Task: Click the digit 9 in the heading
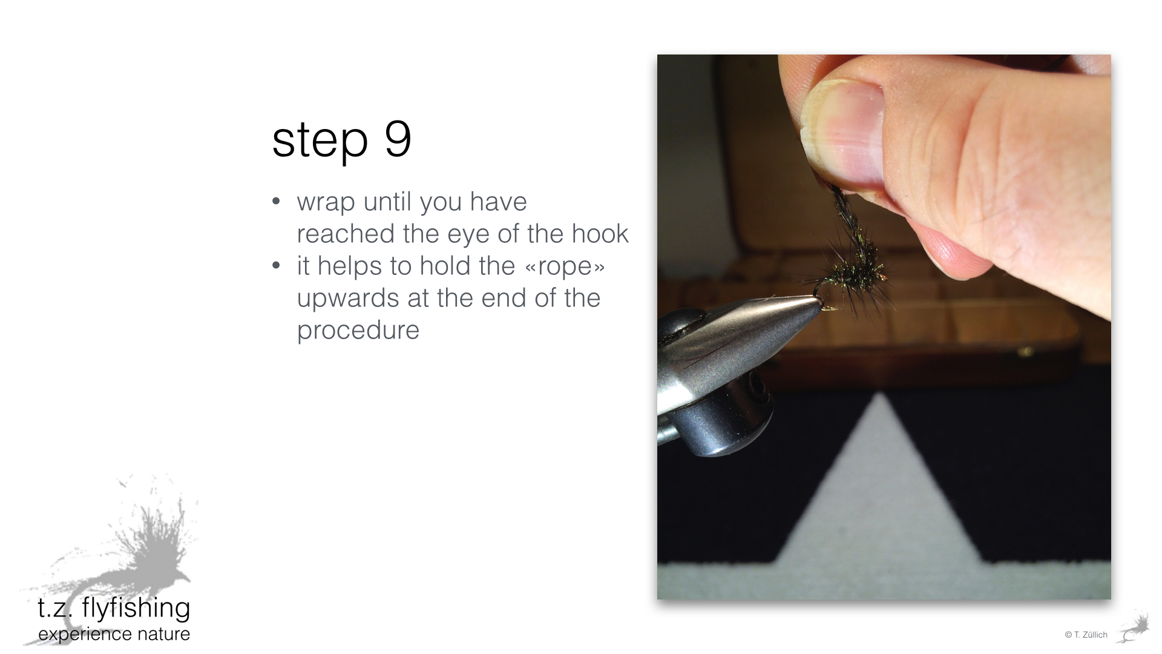coord(398,138)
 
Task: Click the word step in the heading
coord(320,141)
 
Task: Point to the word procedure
coord(358,331)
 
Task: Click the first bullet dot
coord(277,202)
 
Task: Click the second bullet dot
coord(277,266)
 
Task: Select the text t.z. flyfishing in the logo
coord(114,607)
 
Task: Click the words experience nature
coord(114,634)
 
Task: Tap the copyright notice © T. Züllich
coord(1086,635)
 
